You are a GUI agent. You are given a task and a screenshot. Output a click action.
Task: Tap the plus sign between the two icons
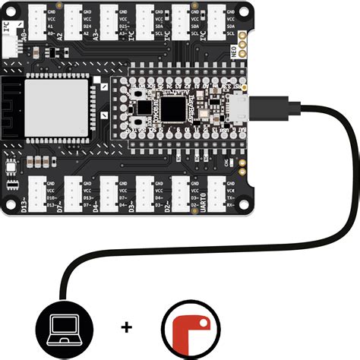pyautogui.click(x=125, y=327)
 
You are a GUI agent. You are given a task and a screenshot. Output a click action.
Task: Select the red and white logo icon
pyautogui.click(x=188, y=329)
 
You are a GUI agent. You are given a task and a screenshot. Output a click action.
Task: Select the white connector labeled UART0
pyautogui.click(x=219, y=197)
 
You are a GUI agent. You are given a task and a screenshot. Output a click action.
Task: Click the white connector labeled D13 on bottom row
pyautogui.click(x=36, y=197)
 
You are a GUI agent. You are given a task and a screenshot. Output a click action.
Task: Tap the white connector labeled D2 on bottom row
pyautogui.click(x=182, y=197)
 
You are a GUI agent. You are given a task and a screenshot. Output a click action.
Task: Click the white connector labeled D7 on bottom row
pyautogui.click(x=73, y=197)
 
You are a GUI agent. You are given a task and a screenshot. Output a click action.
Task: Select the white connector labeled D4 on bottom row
pyautogui.click(x=109, y=197)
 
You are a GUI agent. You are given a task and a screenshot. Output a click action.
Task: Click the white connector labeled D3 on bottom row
pyautogui.click(x=146, y=197)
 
